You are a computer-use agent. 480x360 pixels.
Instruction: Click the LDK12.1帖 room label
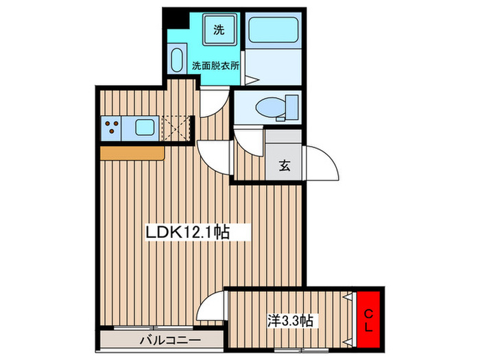[x=187, y=232]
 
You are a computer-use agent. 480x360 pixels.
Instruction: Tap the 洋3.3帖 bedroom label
[x=290, y=321]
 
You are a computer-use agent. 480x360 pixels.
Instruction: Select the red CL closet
[x=368, y=320]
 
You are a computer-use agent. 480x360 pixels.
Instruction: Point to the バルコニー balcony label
[x=170, y=340]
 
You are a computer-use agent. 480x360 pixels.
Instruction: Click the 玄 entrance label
[x=285, y=165]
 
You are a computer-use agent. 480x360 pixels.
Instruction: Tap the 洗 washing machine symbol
[x=219, y=29]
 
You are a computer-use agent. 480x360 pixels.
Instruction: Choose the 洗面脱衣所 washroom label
[x=215, y=66]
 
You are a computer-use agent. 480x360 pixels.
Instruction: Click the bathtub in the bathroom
[x=274, y=29]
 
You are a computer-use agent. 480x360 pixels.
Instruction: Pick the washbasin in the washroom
[x=177, y=60]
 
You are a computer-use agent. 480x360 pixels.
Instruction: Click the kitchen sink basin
[x=145, y=128]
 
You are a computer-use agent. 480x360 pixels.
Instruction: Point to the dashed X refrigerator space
[x=176, y=128]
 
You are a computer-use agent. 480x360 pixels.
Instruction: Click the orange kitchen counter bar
[x=132, y=153]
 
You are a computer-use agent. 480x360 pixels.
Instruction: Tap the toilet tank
[x=291, y=107]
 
